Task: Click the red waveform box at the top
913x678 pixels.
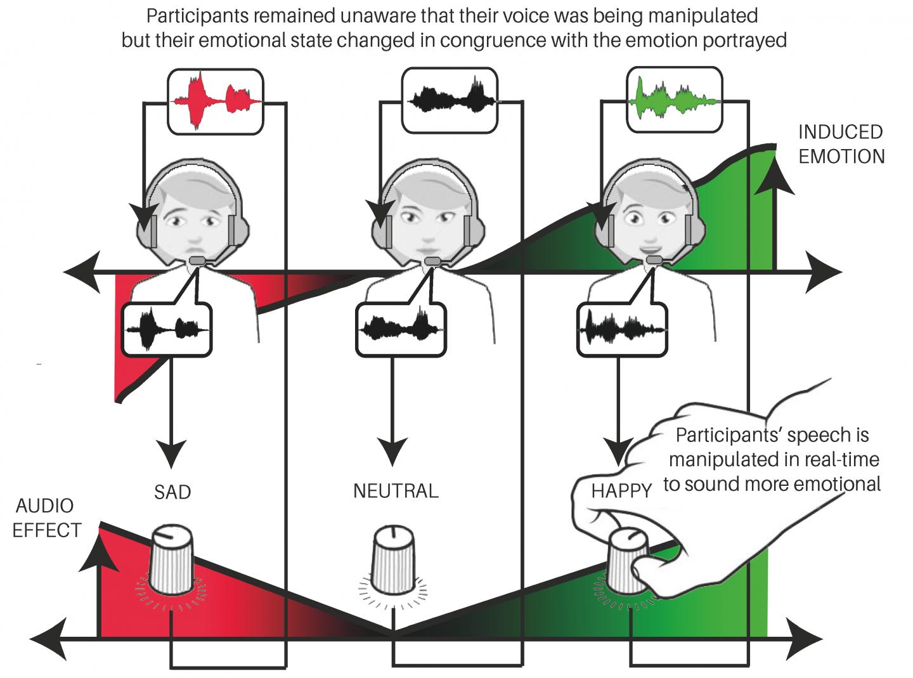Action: (215, 101)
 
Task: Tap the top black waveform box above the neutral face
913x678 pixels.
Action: (450, 101)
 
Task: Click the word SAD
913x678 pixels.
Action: (172, 492)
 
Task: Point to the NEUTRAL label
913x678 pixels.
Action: (396, 491)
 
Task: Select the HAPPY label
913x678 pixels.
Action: (621, 491)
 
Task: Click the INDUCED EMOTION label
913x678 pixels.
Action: (841, 144)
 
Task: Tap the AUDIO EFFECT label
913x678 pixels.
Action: (46, 518)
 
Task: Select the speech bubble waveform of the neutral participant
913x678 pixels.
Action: (401, 329)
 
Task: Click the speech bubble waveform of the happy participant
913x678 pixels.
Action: (622, 329)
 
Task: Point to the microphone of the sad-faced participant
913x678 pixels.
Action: (198, 260)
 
